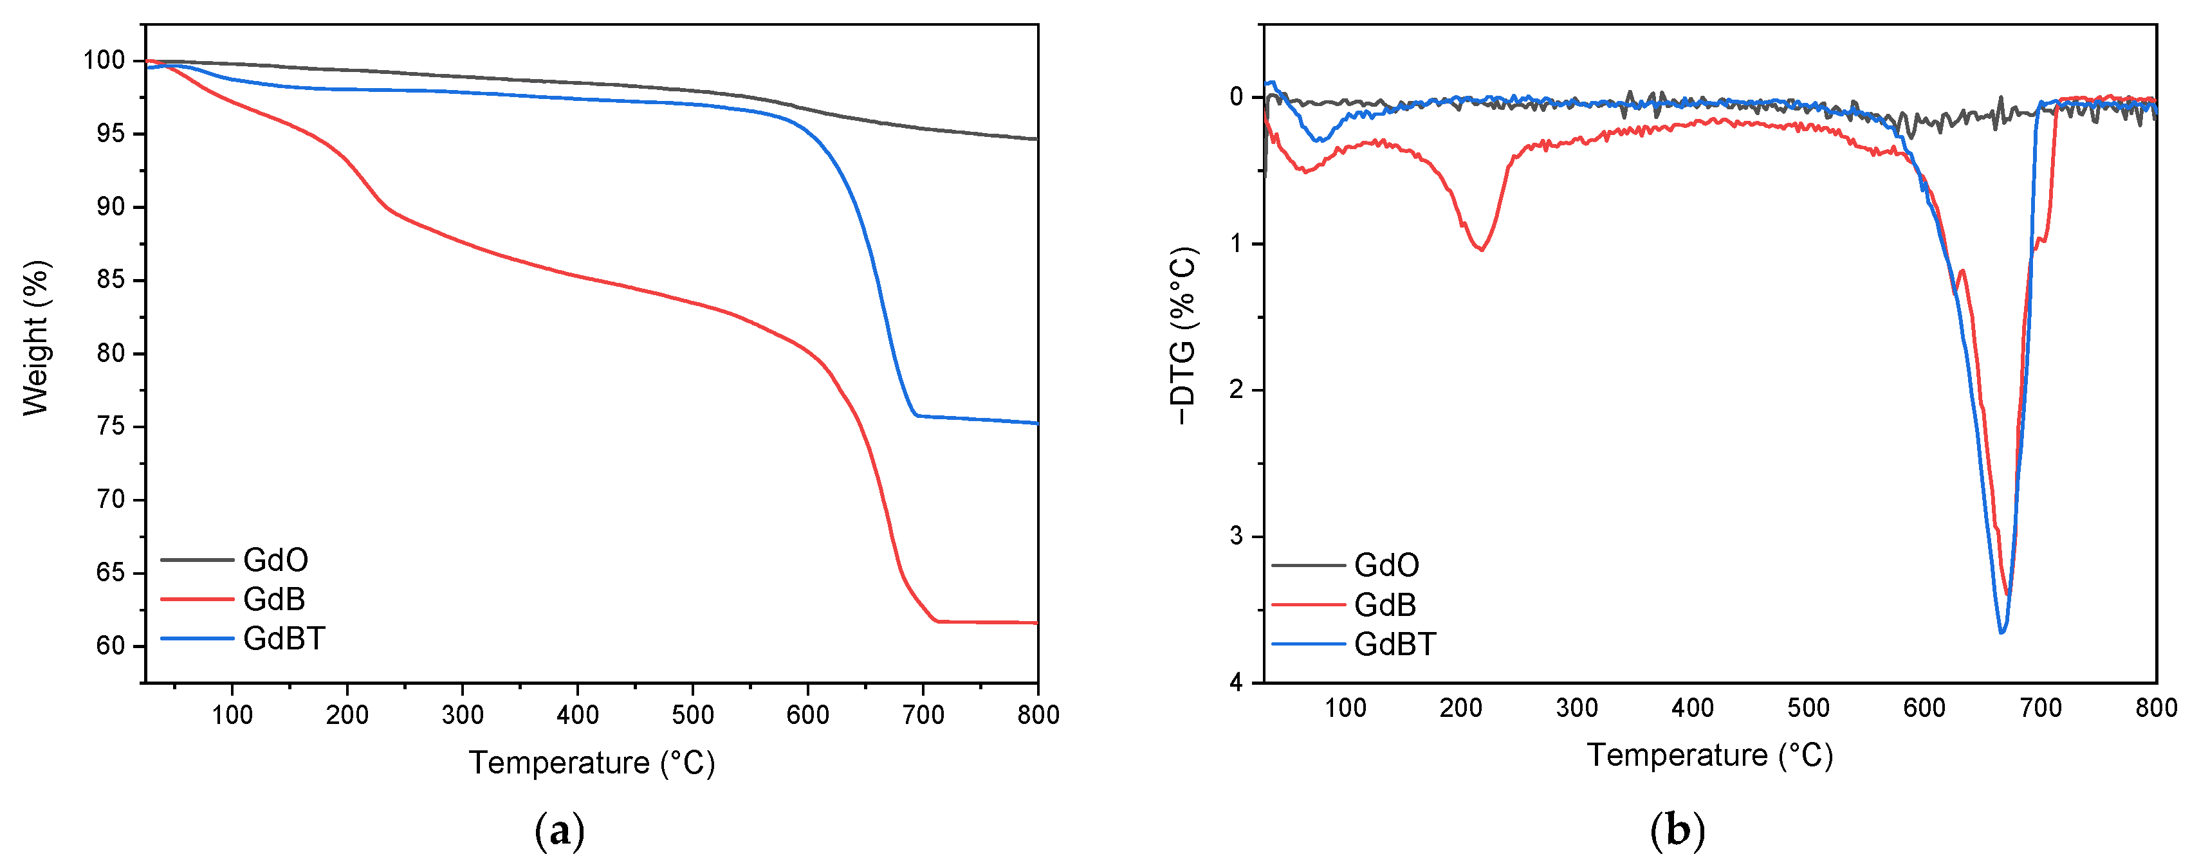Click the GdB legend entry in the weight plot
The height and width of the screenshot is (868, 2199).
point(274,599)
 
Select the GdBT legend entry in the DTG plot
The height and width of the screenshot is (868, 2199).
point(1395,644)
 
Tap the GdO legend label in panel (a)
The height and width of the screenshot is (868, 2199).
point(275,560)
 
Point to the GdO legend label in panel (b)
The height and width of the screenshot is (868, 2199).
point(1386,565)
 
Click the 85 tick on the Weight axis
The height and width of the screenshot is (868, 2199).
point(110,280)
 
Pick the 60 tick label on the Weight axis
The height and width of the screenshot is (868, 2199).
point(110,646)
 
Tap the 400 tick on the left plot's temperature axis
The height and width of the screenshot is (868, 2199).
point(577,714)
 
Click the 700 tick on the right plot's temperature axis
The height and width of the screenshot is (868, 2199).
point(2040,707)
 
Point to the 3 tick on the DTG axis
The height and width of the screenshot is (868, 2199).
point(1236,536)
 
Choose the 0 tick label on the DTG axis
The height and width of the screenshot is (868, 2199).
point(1236,97)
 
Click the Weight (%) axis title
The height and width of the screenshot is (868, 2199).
point(36,338)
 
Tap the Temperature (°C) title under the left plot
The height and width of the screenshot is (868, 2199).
point(592,762)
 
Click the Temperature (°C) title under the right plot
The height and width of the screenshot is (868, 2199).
point(1709,755)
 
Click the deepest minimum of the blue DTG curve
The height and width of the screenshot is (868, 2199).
point(2001,631)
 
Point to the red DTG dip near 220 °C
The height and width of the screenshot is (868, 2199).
point(1481,248)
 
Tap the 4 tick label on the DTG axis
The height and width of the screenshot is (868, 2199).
point(1236,683)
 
